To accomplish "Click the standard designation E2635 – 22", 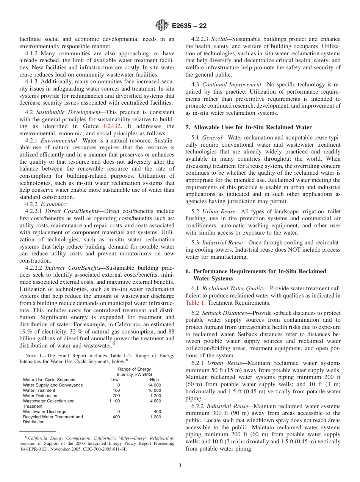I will coord(189,26).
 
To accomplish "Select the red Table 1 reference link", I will coord(195,302).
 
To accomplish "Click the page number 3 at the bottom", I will coord(180,465).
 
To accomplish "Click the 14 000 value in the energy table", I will coord(154,385).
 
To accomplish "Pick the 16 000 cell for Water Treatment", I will coord(154,390).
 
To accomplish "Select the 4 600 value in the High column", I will coord(156,401).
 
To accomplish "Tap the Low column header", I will coord(114,380).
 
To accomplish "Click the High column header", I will coord(155,380).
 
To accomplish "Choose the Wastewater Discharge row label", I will coord(44,412).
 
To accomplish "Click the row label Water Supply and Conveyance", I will coord(53,385).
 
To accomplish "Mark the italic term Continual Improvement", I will coord(231,85).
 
